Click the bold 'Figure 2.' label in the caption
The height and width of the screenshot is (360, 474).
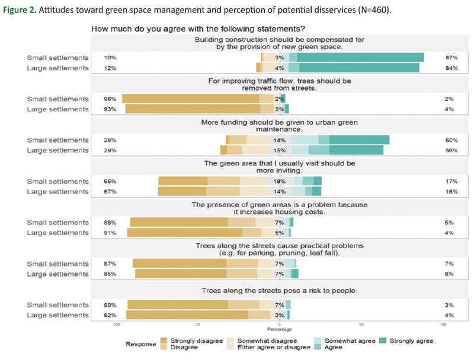click(x=22, y=9)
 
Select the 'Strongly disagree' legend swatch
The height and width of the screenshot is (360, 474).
click(x=164, y=341)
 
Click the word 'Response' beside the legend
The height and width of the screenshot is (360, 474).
click(x=139, y=344)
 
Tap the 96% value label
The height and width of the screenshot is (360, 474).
click(x=110, y=99)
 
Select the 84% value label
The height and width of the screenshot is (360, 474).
click(x=450, y=68)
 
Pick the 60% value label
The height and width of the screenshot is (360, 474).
click(x=450, y=140)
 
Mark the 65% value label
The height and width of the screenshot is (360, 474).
click(x=110, y=181)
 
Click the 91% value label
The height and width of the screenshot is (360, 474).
click(x=110, y=233)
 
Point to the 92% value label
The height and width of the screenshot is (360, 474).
click(x=110, y=316)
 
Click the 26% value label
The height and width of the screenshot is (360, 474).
click(x=110, y=140)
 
